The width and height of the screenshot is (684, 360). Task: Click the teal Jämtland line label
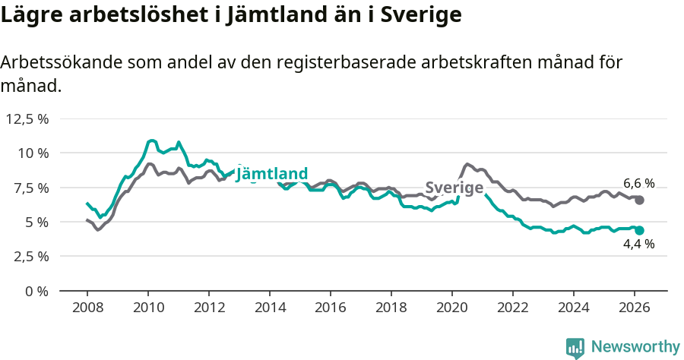271,174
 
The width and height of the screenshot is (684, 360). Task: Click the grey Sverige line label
454,188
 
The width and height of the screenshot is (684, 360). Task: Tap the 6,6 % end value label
638,183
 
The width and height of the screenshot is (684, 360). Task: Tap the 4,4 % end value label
638,244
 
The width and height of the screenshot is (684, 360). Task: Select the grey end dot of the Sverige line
639,200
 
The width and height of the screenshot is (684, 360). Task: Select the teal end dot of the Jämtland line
639,230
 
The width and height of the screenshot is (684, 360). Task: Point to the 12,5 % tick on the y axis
27,118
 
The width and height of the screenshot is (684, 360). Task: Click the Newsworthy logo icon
575,347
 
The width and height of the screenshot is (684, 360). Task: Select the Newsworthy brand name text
635,347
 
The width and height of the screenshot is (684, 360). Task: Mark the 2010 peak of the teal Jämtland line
151,141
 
